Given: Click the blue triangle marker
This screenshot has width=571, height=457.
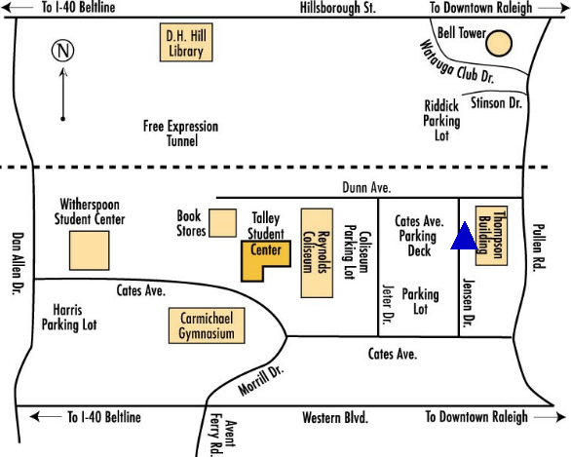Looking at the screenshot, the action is pos(464,239).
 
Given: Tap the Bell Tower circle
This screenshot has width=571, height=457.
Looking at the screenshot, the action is pos(499,43).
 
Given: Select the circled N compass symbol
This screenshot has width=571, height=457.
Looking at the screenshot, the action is pos(63,51).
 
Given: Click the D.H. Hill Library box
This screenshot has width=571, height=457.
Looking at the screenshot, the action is pos(186,42).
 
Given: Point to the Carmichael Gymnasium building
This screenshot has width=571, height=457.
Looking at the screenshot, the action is pos(207,325).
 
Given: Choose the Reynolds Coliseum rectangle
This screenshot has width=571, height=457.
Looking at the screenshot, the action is pos(317,253).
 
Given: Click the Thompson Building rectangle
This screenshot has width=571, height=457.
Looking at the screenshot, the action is pos(492,236).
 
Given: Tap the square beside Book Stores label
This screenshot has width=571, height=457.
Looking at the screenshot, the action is pos(222,223).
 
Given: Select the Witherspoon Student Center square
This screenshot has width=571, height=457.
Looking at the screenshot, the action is pos(90,250).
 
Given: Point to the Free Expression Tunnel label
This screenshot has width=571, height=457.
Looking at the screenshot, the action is pos(181,133).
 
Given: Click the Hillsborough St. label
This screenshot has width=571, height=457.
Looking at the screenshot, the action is pos(337,8).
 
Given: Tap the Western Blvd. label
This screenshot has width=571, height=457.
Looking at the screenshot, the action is pos(335,418).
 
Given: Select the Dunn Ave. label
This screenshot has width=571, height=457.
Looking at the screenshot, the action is pos(366,187).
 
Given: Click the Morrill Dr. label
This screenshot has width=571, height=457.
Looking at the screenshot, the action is pos(261,380).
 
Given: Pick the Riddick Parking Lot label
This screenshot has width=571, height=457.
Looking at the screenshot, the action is pos(441,121).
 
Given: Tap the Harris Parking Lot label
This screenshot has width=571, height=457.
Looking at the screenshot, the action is pos(69,317).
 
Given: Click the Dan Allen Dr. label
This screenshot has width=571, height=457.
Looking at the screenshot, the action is pos(18,263).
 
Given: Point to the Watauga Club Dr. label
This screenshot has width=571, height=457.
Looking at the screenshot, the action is pos(457,62).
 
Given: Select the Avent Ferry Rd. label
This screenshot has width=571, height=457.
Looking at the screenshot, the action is pos(222,435).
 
